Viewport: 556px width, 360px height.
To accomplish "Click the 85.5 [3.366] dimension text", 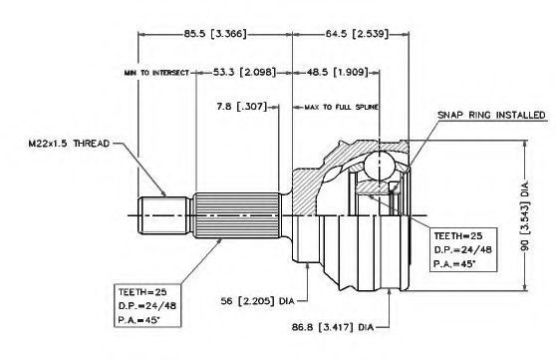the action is [x=215, y=34].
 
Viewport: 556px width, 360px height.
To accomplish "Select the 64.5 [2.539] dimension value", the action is [x=357, y=34].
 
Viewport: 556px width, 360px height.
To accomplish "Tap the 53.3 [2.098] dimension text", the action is [x=244, y=72].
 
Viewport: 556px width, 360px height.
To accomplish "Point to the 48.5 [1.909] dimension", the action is [x=338, y=72].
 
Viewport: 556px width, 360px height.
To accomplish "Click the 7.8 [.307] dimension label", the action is [x=241, y=106].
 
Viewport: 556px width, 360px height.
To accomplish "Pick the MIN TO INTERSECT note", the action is [x=156, y=73].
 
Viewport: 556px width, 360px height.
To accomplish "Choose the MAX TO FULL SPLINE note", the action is [x=341, y=107].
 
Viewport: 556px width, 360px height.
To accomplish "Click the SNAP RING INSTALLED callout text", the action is [x=491, y=115].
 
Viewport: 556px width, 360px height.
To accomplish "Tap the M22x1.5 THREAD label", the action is [x=69, y=144].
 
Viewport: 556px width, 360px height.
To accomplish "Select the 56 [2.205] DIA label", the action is [x=257, y=301].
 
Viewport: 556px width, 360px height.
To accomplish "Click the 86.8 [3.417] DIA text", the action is [x=333, y=327].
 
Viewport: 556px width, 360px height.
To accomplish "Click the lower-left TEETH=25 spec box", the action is [x=147, y=305].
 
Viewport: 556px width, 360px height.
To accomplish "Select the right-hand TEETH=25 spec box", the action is [x=463, y=249].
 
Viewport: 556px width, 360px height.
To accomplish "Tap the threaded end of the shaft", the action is [x=163, y=215].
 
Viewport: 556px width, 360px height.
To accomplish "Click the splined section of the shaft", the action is [x=237, y=215].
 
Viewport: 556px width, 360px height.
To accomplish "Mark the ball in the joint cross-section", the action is [x=380, y=165].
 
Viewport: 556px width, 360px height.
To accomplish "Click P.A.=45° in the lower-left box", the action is [x=139, y=320].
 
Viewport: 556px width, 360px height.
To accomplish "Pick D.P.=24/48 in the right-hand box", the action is [x=462, y=249].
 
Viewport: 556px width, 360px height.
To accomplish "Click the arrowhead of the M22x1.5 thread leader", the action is [x=163, y=193].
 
